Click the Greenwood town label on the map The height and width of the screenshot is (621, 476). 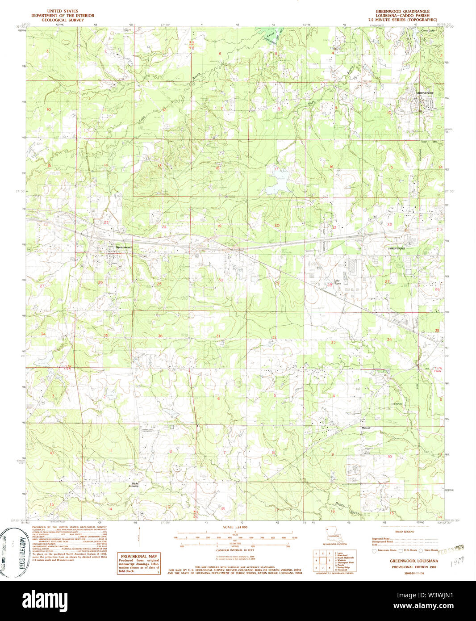(x=123, y=247)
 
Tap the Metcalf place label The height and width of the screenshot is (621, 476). (x=366, y=428)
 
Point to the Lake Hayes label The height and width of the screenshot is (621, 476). (x=337, y=282)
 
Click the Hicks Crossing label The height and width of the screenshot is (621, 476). (x=134, y=485)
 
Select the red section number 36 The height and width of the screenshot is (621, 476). (x=160, y=336)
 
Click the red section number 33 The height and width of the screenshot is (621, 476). (x=333, y=342)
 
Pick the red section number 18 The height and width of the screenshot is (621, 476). (x=217, y=168)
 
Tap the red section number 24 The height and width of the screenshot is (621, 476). (x=164, y=227)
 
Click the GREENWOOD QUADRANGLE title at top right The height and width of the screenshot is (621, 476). (x=402, y=11)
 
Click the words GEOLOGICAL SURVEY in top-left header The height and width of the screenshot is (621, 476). (x=63, y=20)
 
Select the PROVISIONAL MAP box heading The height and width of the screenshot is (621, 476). (x=138, y=556)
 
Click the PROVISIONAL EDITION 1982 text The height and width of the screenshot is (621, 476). (x=413, y=567)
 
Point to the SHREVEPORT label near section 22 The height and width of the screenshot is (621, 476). (x=397, y=248)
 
